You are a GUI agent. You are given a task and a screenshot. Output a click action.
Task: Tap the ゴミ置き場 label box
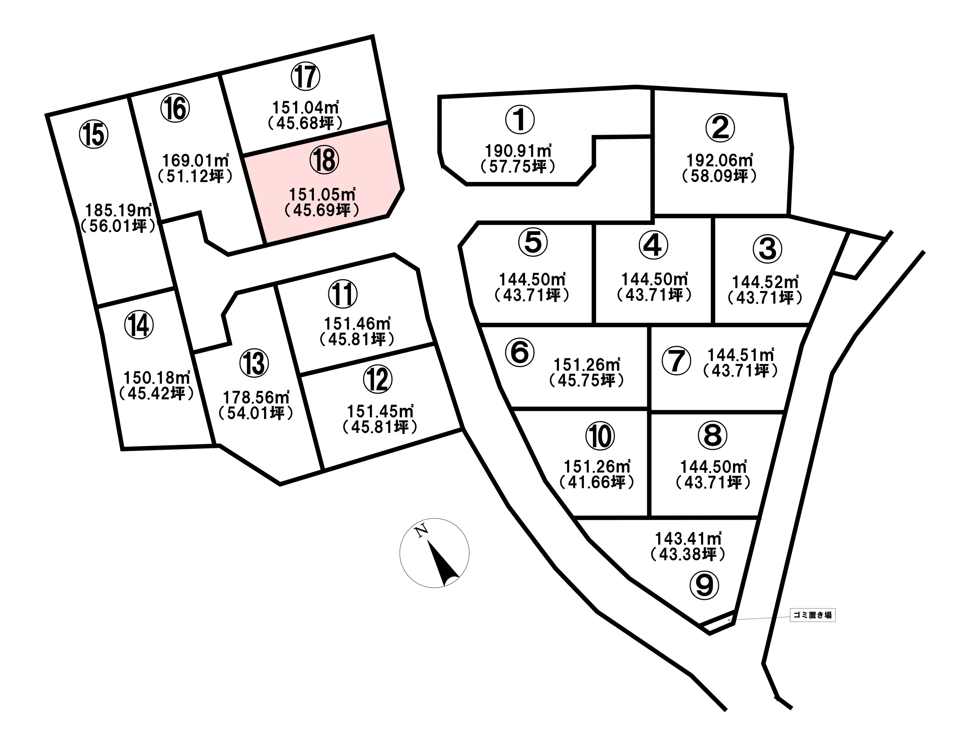812,615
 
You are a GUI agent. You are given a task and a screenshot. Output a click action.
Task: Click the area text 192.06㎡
720,160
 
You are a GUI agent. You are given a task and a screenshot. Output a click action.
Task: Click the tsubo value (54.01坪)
256,413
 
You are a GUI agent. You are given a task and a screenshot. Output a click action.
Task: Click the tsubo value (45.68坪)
306,123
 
